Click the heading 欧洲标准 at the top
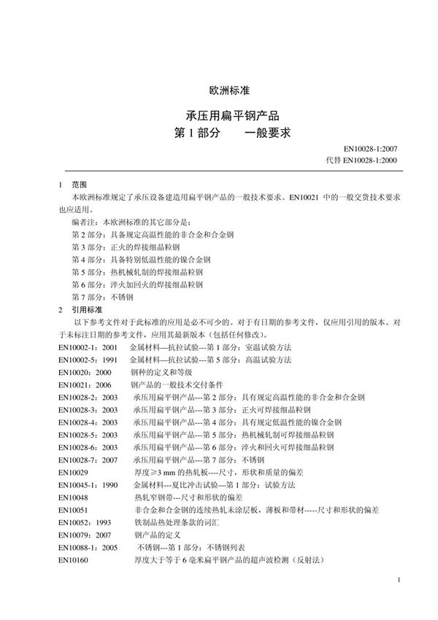tap(229, 91)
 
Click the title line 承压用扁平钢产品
tap(228, 116)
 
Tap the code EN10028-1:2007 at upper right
tap(370, 149)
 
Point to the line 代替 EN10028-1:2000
tap(363, 160)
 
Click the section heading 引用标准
tap(84, 310)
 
